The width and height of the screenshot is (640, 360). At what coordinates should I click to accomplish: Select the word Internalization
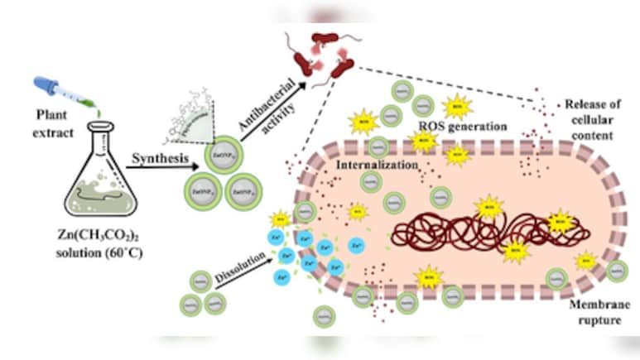point(376,165)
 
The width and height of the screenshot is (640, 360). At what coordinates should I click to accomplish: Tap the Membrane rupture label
point(593,314)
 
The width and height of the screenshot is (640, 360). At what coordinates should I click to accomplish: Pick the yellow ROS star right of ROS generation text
point(455,107)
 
